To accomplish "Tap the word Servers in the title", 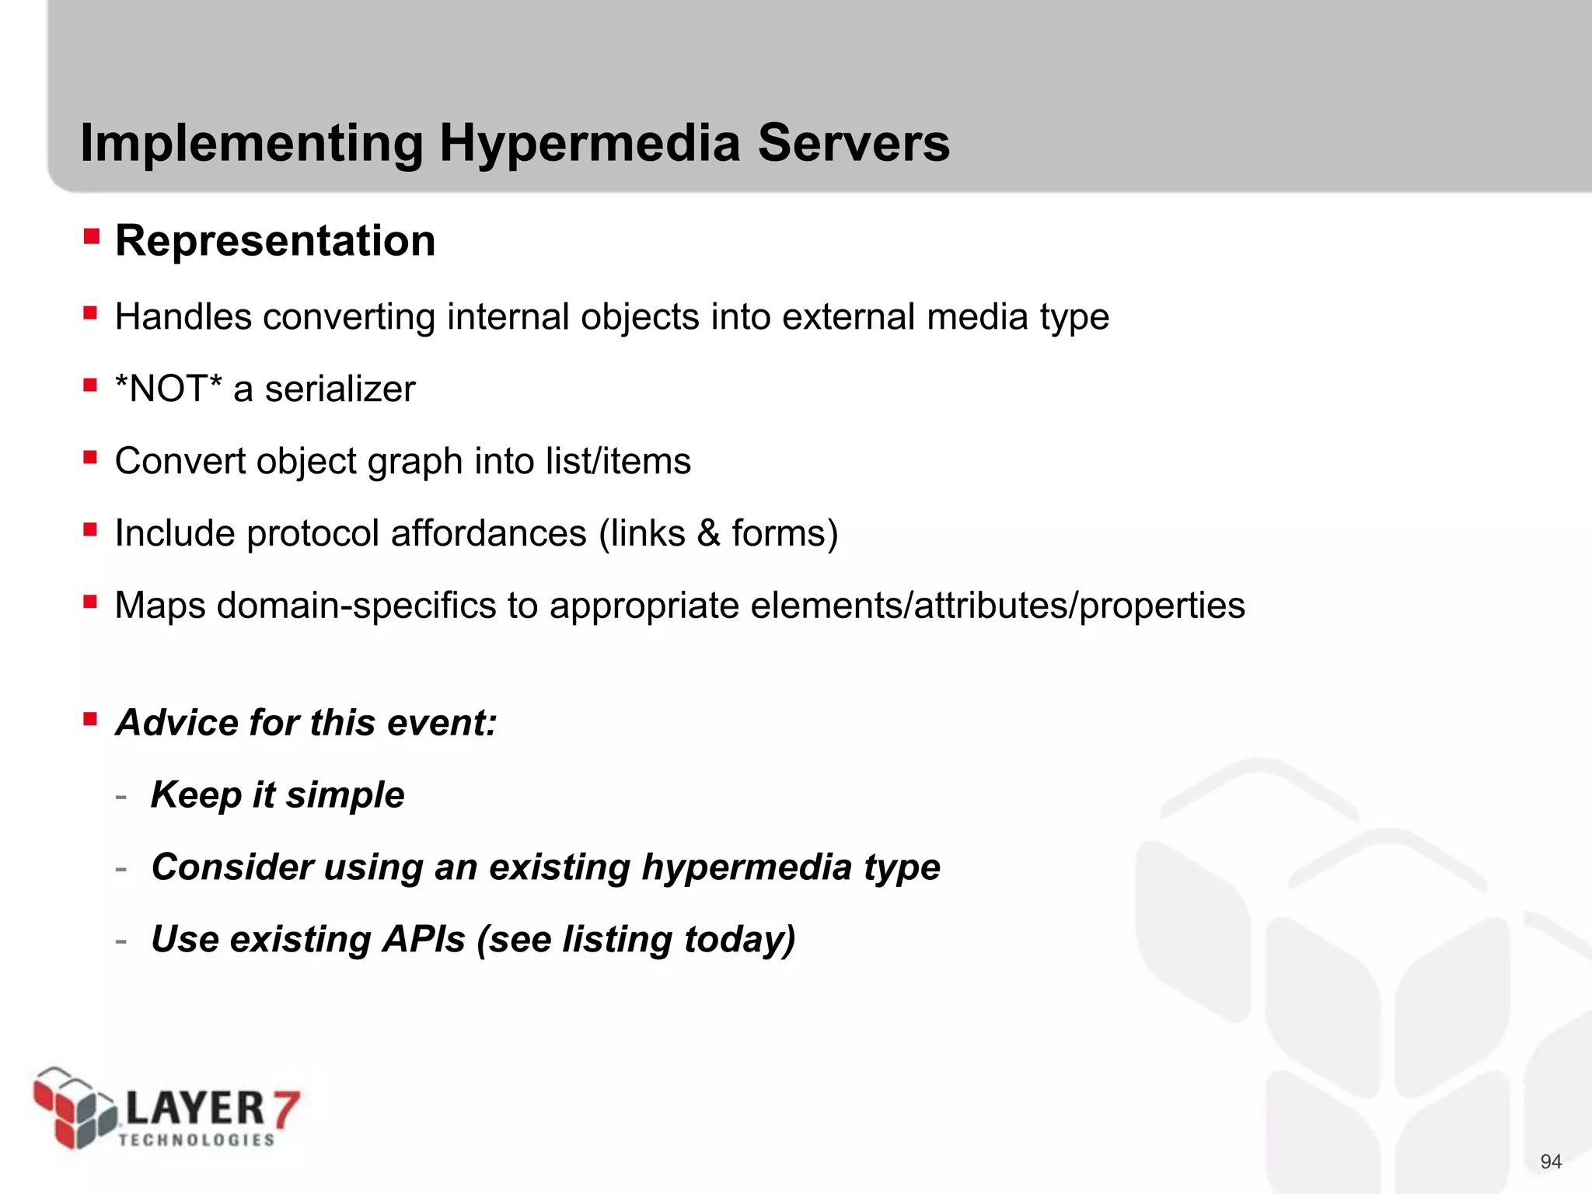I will pos(853,144).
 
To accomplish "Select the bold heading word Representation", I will pos(275,241).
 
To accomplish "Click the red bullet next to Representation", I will pos(92,236).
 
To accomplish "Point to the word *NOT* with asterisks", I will pos(168,389).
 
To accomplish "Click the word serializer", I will pos(340,389).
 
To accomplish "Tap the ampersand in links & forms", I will pos(708,533).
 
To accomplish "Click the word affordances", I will pos(488,533).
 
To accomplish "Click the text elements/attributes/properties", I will pos(997,606).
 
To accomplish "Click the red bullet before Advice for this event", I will pos(91,718).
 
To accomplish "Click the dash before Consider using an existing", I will pos(120,868).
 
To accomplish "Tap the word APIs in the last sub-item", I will pos(424,939).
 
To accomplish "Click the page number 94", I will pos(1550,1161).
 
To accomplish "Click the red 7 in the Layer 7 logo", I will pos(285,1108).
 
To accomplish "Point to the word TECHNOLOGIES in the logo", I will pos(197,1140).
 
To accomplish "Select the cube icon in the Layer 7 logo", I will pos(74,1108).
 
